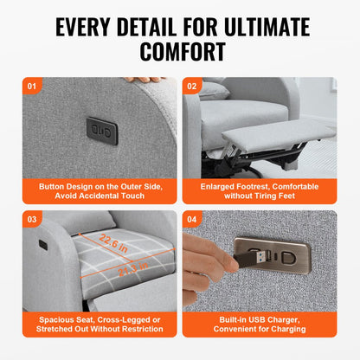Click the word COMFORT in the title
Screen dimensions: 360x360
179,50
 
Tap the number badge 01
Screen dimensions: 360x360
34,87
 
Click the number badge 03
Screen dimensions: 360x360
34,219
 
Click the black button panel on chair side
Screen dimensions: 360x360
101,130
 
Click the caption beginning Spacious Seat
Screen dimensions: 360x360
96,325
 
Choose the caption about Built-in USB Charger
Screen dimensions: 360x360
262,325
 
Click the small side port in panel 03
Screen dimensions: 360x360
42,245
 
